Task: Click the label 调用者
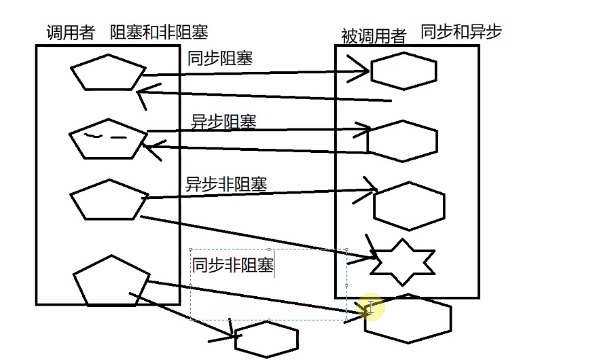(70, 33)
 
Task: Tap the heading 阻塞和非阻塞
(159, 32)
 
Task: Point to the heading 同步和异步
(461, 31)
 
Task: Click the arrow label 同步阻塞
(220, 58)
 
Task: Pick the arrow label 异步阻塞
(223, 122)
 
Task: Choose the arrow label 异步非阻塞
(226, 184)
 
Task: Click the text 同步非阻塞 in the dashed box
(232, 265)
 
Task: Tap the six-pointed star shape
(402, 262)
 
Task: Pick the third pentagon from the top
(109, 200)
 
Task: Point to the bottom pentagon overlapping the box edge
(111, 281)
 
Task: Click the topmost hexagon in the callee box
(404, 71)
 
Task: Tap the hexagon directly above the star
(409, 206)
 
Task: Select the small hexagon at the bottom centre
(266, 338)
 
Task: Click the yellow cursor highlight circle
(370, 308)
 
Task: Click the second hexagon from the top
(403, 141)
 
